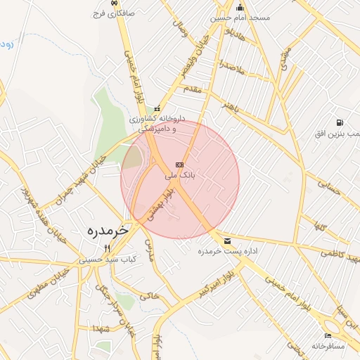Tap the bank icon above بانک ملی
tap(178, 164)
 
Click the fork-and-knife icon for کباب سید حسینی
tap(107, 248)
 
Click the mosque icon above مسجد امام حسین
tap(240, 8)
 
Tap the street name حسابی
tap(328, 187)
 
